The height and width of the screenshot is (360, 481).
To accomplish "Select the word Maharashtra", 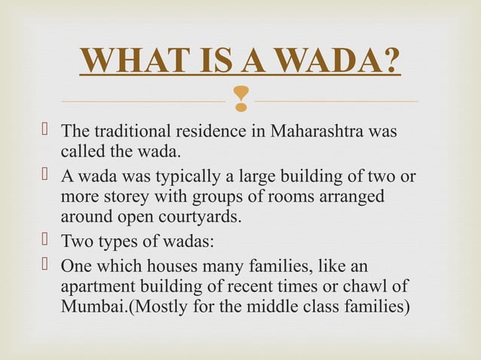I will (x=325, y=131).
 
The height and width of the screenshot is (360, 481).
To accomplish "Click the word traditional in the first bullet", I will (x=126, y=131).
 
